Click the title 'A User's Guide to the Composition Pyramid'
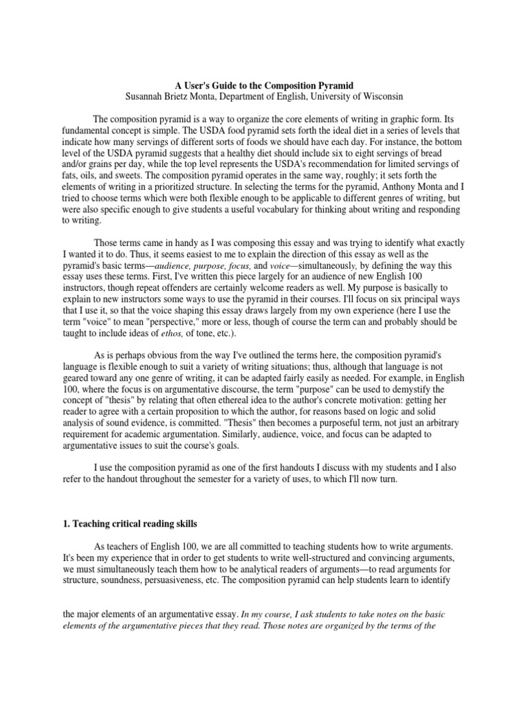(265, 85)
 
